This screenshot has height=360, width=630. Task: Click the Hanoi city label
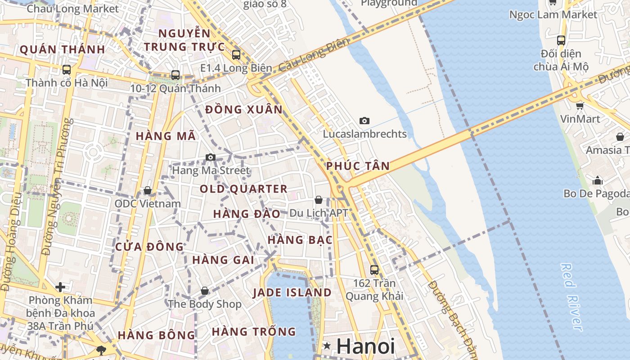(x=365, y=346)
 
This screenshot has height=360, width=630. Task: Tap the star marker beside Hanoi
(x=327, y=346)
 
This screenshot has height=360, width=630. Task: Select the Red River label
(x=572, y=297)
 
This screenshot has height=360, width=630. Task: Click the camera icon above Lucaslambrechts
(x=364, y=121)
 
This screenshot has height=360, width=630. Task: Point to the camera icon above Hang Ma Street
(x=210, y=157)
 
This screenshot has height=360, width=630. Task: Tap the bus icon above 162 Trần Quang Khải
(x=374, y=270)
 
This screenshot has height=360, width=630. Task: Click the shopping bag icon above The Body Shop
(x=205, y=291)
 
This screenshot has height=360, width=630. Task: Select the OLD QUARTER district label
(x=243, y=189)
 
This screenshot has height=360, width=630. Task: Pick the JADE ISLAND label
(x=292, y=293)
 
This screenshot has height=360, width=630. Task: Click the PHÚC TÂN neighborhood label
(x=358, y=166)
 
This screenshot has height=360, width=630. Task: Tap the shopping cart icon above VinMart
(x=580, y=106)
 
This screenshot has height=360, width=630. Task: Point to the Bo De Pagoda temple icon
(x=598, y=180)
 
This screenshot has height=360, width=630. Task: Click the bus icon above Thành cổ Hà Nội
(x=67, y=70)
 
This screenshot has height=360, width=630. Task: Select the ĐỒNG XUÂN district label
(x=244, y=110)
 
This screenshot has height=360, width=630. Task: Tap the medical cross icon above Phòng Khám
(x=60, y=287)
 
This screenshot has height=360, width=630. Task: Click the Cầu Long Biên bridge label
(x=314, y=55)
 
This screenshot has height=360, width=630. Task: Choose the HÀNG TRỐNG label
(x=254, y=332)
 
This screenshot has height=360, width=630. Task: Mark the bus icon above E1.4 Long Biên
(x=236, y=55)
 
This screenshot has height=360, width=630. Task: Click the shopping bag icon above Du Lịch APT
(x=319, y=199)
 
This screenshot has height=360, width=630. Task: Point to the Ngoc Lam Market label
(x=553, y=15)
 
